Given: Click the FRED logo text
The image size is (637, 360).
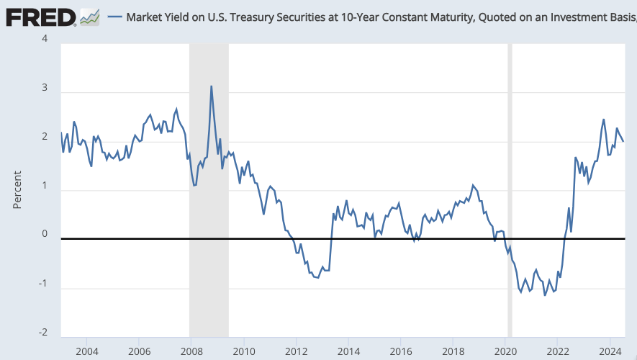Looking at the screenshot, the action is coord(41,17).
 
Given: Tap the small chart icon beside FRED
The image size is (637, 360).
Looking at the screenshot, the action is coord(90,17).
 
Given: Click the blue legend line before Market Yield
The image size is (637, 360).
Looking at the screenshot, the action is coord(115,17).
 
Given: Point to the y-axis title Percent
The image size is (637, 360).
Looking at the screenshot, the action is coord(17,190).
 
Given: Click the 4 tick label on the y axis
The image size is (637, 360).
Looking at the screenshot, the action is coord(45,39).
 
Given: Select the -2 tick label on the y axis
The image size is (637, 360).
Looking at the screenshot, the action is coord(43,332).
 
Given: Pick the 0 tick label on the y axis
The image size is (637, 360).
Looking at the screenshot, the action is coord(45,233).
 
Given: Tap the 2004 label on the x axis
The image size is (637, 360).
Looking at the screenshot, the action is coord(87,351).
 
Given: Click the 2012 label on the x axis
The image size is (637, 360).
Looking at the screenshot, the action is coord(296,351).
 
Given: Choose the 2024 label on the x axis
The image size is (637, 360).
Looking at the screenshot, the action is coord(610,351).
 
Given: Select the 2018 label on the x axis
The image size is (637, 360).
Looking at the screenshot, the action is coord(453,351).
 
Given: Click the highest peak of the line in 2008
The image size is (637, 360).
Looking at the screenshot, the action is coord(211,86).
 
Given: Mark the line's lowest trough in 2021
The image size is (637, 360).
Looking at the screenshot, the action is coord(545,295).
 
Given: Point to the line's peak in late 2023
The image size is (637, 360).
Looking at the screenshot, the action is coord(604,120).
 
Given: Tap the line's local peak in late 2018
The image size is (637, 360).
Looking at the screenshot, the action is coord(473,185).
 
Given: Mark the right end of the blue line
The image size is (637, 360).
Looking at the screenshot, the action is coord(623,141).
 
